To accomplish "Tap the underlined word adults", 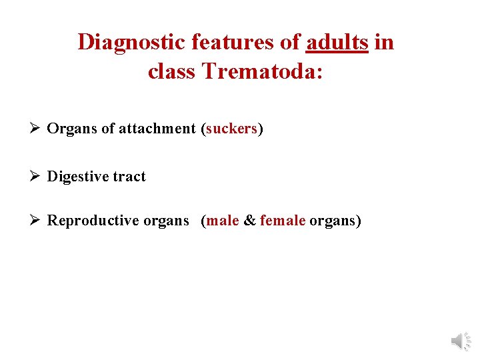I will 337,42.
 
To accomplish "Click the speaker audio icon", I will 461,341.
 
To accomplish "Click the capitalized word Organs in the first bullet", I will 71,129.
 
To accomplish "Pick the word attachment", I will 159,129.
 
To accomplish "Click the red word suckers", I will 231,129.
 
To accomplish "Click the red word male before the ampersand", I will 223,221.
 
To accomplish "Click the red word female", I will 283,221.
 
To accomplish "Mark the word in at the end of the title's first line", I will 384,42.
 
